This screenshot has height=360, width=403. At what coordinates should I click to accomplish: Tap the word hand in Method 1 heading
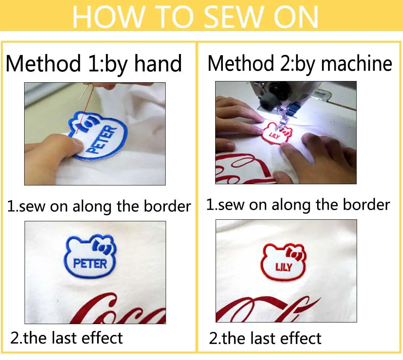[158, 63]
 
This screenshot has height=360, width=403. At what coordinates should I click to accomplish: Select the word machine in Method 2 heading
[357, 63]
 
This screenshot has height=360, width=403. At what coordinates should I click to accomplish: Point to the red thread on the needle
[84, 108]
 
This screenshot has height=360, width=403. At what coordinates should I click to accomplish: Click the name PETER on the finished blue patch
[90, 264]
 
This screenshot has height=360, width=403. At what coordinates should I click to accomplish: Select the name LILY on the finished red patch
[284, 267]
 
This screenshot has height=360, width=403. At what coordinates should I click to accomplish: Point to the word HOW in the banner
[108, 17]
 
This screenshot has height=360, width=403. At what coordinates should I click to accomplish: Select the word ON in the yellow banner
[296, 17]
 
